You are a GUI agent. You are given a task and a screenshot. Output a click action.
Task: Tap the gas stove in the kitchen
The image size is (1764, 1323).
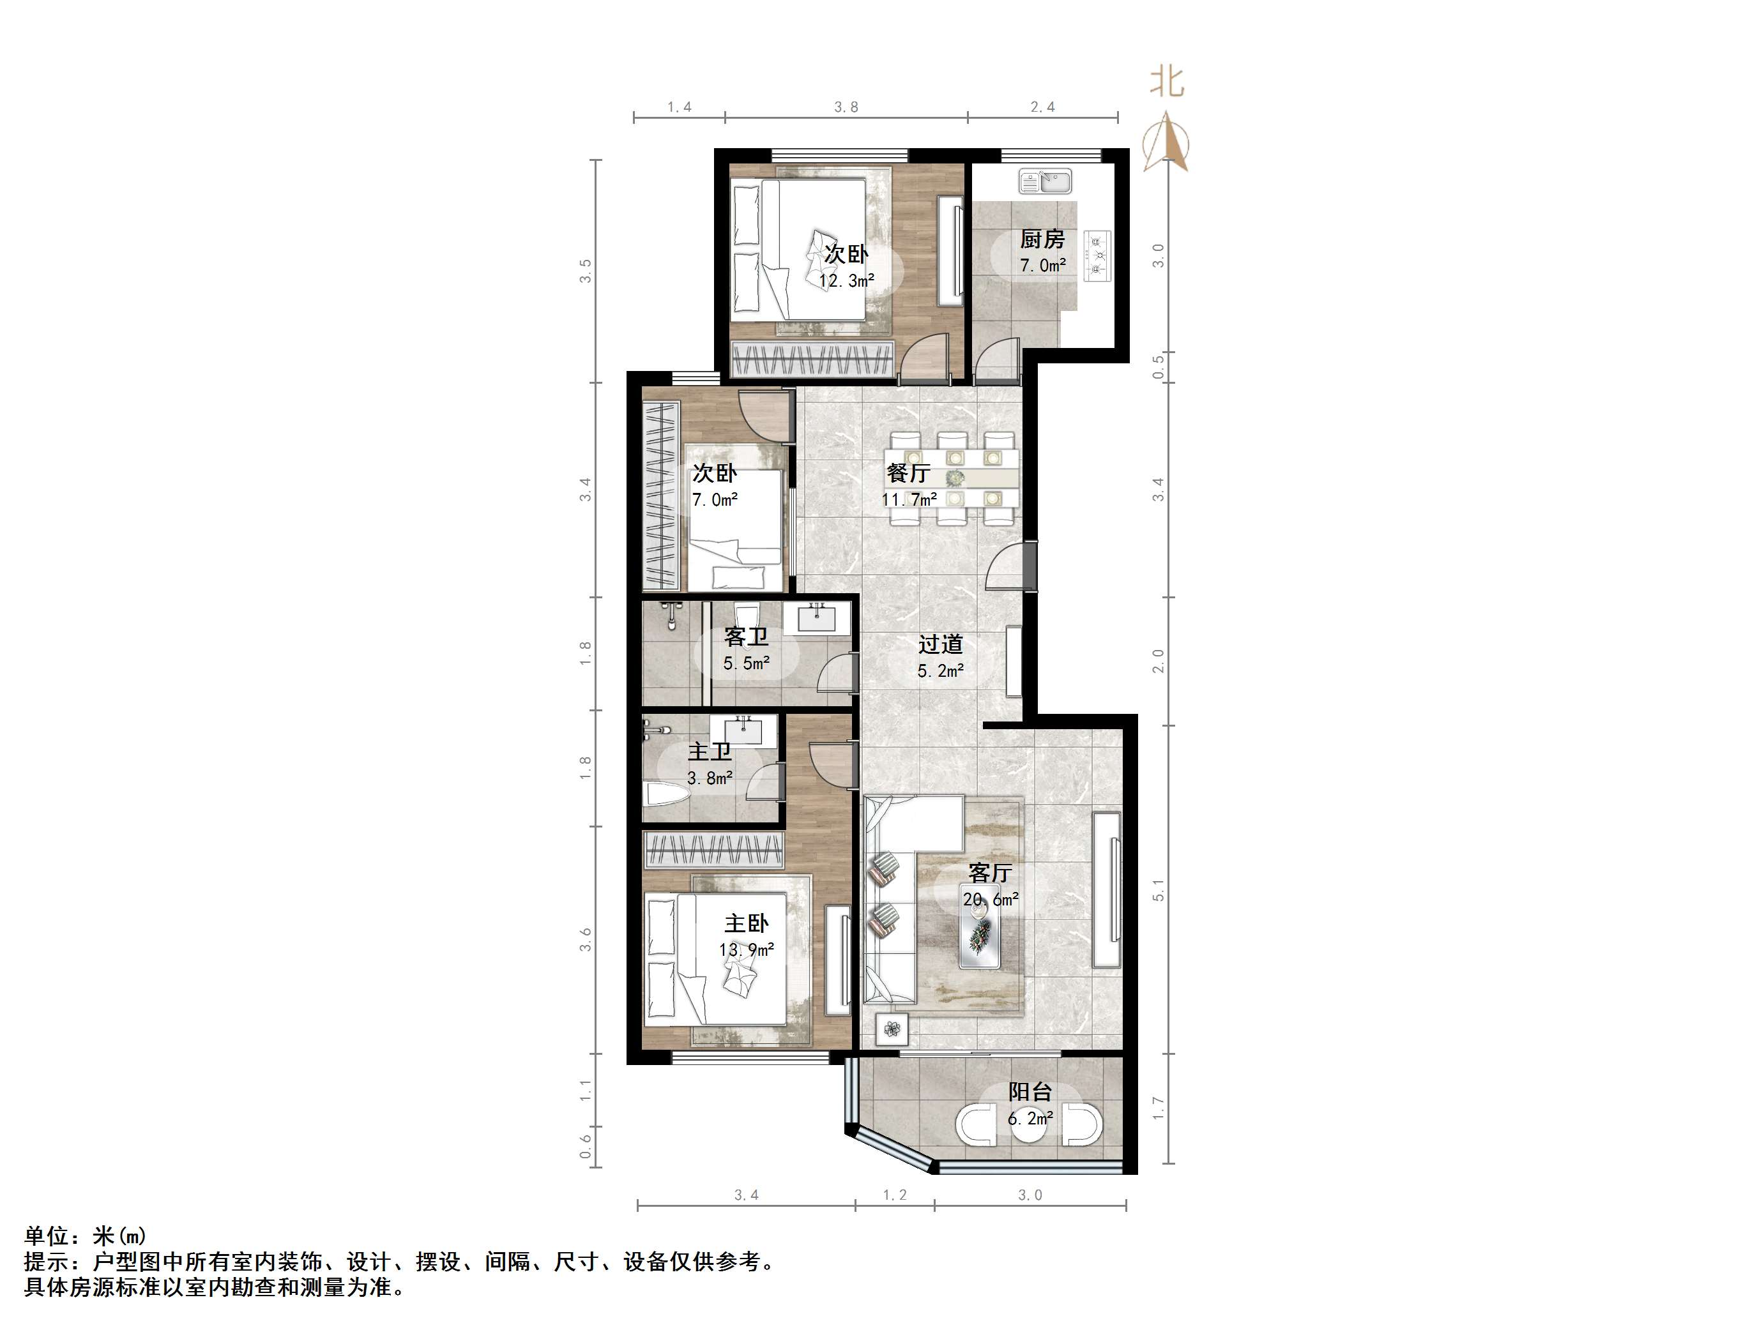[1097, 256]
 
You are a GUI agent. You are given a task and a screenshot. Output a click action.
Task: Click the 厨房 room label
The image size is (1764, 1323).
[1042, 239]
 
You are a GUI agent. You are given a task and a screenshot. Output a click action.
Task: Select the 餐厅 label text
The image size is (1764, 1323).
[908, 474]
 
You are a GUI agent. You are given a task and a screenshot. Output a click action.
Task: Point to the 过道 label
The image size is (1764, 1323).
[940, 644]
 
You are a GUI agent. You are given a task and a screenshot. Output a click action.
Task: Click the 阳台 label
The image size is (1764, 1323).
[1030, 1092]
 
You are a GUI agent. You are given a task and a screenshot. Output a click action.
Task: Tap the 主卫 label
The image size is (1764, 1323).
[709, 752]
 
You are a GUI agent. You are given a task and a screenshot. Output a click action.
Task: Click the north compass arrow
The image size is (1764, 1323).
[1166, 144]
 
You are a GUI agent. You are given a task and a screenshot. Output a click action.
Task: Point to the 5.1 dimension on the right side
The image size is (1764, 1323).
[1159, 891]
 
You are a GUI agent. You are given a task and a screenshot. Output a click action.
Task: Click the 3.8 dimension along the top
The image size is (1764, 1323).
[846, 107]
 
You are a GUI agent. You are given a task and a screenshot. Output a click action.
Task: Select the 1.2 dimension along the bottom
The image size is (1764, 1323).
[895, 1195]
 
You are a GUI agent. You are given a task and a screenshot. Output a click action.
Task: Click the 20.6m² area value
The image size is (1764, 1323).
[991, 900]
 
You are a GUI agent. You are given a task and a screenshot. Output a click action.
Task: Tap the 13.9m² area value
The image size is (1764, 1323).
[747, 949]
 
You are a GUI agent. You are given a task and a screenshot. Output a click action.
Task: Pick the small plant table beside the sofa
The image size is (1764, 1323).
[892, 1029]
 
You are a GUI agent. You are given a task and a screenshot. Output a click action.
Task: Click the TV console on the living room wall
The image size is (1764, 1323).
[1106, 890]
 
